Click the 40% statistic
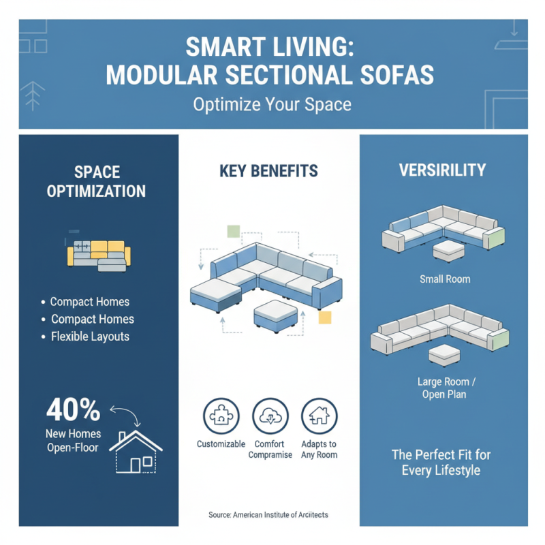coord(74,410)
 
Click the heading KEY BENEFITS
coord(268,171)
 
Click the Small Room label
coord(444,279)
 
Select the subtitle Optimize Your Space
coord(272,106)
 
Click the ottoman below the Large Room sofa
coord(444,354)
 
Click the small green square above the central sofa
coord(234,231)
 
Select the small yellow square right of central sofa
coord(325,316)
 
